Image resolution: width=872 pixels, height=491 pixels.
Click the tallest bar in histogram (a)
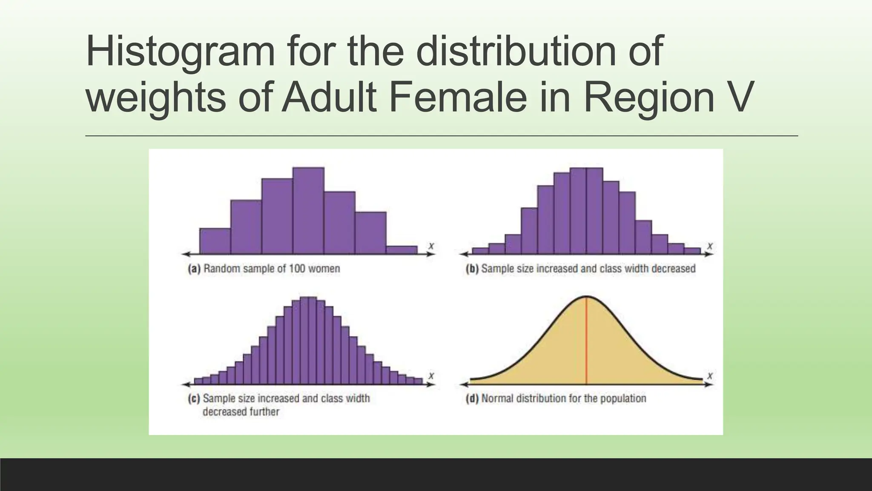point(308,211)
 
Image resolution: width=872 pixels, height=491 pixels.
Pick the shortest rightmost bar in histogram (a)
point(402,250)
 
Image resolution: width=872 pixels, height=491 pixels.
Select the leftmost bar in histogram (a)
point(215,241)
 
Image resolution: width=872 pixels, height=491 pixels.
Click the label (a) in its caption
point(194,269)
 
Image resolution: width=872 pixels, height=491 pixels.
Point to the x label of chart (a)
point(431,246)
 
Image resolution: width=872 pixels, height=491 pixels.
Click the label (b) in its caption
point(472,269)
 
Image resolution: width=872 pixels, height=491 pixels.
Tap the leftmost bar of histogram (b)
point(480,251)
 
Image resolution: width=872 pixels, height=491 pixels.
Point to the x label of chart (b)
point(709,246)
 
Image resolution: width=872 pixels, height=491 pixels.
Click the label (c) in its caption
point(194,399)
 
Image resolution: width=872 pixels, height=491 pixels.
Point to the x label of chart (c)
point(431,376)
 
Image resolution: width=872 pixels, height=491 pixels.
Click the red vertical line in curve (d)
point(586,341)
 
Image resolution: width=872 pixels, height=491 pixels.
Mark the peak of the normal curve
point(586,296)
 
